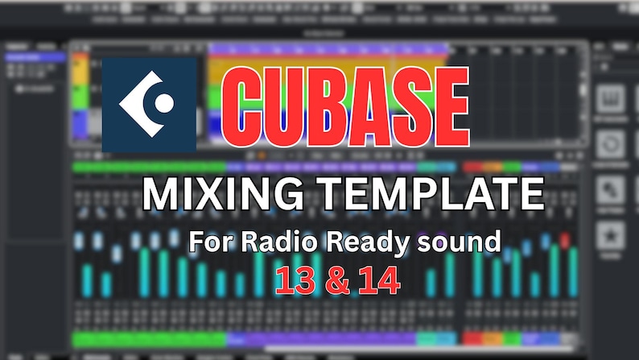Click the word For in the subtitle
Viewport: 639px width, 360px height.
pyautogui.click(x=208, y=241)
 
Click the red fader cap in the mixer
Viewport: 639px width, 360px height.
pyautogui.click(x=565, y=240)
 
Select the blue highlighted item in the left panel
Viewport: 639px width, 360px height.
pyautogui.click(x=35, y=58)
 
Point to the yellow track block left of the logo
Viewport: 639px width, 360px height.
pyautogui.click(x=79, y=68)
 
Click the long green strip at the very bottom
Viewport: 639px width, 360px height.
pyautogui.click(x=148, y=339)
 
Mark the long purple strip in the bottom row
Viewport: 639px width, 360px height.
pyautogui.click(x=322, y=339)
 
